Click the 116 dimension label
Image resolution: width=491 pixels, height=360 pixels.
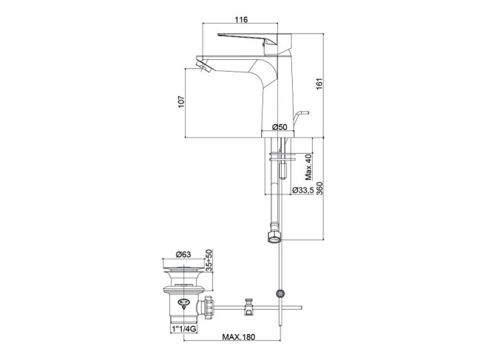(241, 19)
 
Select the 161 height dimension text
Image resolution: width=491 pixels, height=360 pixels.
(319, 84)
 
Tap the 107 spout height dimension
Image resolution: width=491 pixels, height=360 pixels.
(181, 102)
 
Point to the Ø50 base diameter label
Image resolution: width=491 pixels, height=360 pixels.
(280, 127)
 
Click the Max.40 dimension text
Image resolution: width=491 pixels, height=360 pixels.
(309, 167)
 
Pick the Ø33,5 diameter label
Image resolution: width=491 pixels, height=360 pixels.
(302, 190)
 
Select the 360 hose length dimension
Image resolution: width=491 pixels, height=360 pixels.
(319, 189)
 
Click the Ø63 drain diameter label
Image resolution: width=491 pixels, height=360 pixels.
(183, 254)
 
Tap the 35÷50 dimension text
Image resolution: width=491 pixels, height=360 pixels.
(209, 260)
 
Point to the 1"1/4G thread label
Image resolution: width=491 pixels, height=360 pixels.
(184, 329)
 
